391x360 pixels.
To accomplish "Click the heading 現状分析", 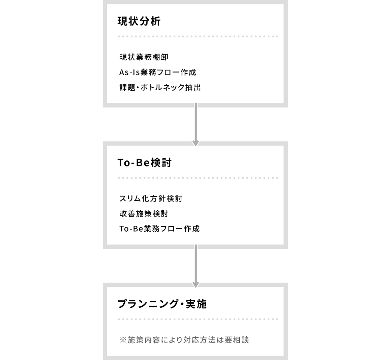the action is tap(139, 21).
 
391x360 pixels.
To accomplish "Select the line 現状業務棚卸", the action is tap(144, 57).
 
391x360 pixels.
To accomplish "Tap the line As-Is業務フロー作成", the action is tap(158, 72).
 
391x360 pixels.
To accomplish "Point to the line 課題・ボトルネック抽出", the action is tap(160, 88).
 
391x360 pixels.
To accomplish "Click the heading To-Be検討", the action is tap(144, 162).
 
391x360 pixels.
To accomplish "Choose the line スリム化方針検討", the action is tap(151, 199).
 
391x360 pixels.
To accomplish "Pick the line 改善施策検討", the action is tap(144, 214).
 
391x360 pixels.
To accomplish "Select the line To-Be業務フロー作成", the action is tap(159, 229).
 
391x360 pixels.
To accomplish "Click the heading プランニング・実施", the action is tap(162, 304).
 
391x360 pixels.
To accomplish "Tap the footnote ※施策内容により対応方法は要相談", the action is tap(184, 340).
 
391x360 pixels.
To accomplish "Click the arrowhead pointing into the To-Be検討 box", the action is tap(196, 143).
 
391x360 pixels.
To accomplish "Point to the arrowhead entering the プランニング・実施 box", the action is tap(196, 285).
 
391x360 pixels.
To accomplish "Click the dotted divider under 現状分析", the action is tap(198, 36).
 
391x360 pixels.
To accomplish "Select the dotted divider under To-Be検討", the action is tap(198, 178).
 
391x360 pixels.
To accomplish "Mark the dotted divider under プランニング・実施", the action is tap(198, 319).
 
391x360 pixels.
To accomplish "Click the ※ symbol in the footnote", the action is tap(123, 340).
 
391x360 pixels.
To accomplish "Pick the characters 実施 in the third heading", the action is tap(197, 304).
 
